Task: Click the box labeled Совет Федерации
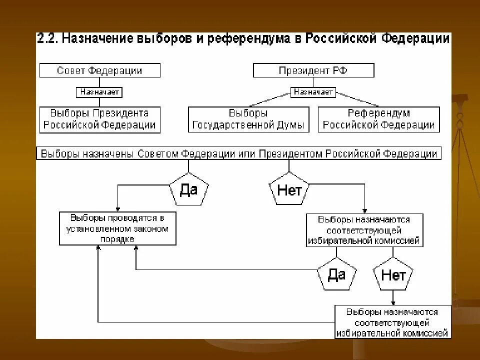pyautogui.click(x=100, y=70)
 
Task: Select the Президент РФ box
pyautogui.click(x=313, y=70)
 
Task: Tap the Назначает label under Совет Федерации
pyautogui.click(x=99, y=92)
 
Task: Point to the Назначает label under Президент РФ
pyautogui.click(x=313, y=92)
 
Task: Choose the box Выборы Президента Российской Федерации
pyautogui.click(x=100, y=119)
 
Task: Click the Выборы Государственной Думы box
pyautogui.click(x=248, y=119)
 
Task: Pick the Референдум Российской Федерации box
pyautogui.click(x=379, y=119)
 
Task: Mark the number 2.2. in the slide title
pyautogui.click(x=48, y=39)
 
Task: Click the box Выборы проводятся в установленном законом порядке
pyautogui.click(x=117, y=228)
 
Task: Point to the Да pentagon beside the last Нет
pyautogui.click(x=336, y=274)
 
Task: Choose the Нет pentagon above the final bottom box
pyautogui.click(x=393, y=274)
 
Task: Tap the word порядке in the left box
pyautogui.click(x=117, y=239)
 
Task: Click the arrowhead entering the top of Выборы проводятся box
pyautogui.click(x=117, y=209)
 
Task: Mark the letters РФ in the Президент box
pyautogui.click(x=340, y=70)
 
